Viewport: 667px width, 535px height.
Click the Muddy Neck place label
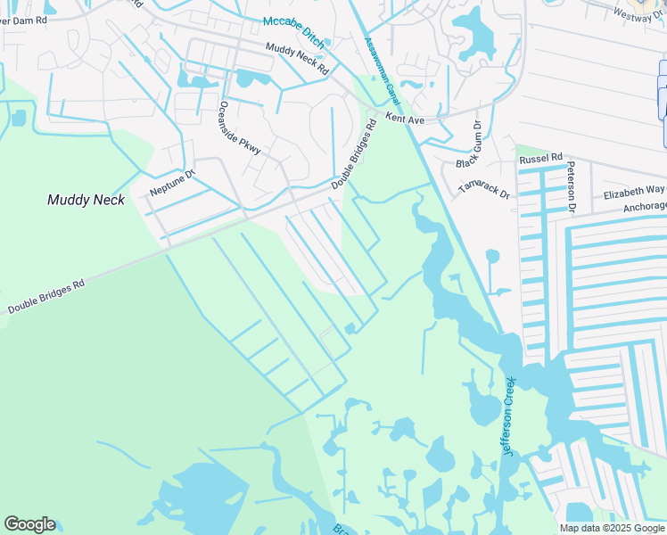coord(86,200)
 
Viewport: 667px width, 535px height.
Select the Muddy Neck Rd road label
coord(297,59)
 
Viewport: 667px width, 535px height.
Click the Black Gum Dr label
coord(470,144)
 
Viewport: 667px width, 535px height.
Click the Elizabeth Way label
coord(634,191)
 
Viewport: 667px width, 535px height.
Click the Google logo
coord(29,524)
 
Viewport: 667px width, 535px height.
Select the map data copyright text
coord(612,528)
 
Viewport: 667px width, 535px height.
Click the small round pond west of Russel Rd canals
coord(492,257)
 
